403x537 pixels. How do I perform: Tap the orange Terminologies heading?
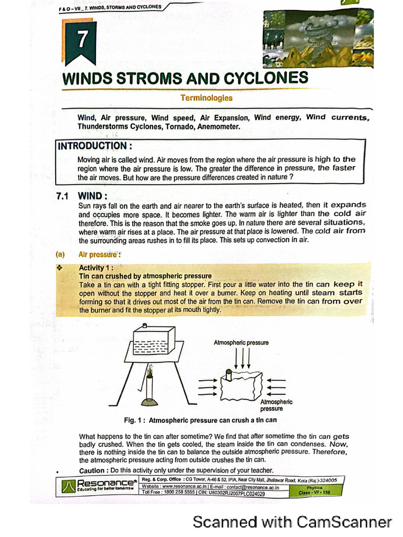coord(206,98)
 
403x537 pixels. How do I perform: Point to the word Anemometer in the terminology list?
coord(215,126)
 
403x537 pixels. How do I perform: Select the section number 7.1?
coord(63,197)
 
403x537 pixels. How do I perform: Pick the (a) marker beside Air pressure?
coord(60,255)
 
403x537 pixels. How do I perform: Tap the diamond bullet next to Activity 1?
coord(59,267)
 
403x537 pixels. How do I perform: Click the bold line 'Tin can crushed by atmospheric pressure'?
coord(145,276)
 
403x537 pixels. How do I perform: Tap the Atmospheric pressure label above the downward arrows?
coord(241,342)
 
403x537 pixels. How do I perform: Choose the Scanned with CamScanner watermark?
coord(292,522)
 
